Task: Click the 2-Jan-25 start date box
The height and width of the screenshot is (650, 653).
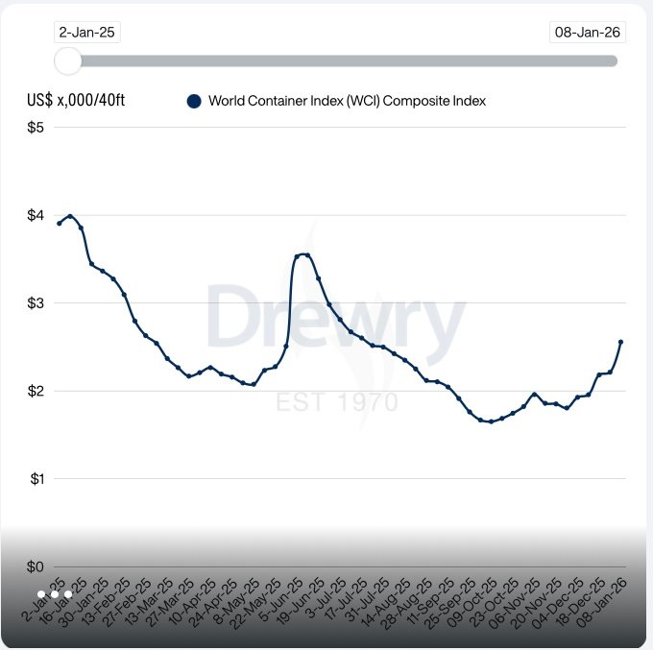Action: [86, 33]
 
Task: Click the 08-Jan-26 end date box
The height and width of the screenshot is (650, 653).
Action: [587, 33]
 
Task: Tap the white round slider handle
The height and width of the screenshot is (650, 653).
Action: [68, 60]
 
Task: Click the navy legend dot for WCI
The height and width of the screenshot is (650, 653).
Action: [194, 101]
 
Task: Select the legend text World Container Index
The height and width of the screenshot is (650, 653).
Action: [347, 101]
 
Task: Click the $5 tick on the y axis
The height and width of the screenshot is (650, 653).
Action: [36, 128]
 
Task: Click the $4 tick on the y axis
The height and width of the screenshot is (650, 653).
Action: [36, 215]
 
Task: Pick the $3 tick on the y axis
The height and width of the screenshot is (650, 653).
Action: [36, 303]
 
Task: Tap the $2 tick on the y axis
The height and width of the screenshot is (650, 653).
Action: [36, 391]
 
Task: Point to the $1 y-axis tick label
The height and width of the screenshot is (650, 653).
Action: [36, 479]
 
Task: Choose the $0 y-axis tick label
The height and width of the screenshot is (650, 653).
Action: [36, 566]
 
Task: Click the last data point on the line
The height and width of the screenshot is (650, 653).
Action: [620, 342]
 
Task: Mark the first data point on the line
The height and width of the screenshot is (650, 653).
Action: [60, 223]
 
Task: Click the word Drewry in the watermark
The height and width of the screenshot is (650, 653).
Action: [335, 318]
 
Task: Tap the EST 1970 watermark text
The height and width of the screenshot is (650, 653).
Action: [336, 400]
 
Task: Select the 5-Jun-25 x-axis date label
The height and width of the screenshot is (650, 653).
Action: [284, 599]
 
